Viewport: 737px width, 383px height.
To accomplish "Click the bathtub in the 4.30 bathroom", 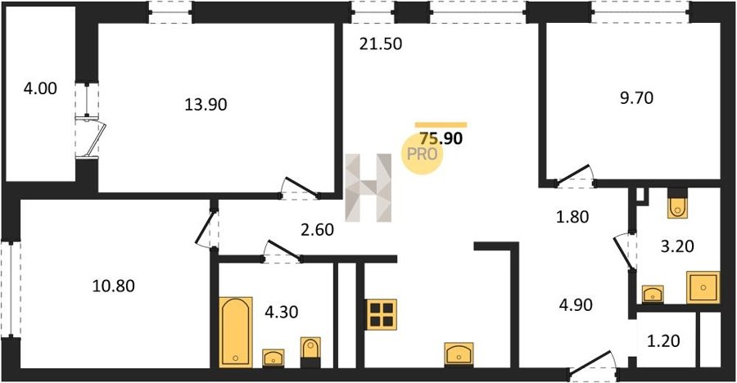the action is (236, 331).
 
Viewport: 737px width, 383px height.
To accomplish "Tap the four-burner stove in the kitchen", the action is (381, 314).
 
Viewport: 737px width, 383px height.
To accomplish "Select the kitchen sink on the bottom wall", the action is (459, 354).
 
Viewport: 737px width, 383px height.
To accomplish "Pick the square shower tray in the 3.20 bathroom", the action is (703, 287).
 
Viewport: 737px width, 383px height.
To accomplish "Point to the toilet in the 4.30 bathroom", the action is (310, 352).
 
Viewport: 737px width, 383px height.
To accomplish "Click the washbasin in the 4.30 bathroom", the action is (273, 358).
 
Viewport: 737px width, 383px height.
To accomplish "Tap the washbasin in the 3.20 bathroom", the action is (653, 294).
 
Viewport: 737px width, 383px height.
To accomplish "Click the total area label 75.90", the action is (441, 138).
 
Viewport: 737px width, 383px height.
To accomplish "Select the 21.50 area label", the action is (381, 43).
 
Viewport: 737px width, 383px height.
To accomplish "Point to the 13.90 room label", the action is (206, 104).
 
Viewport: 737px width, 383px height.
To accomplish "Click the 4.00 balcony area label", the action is (40, 88).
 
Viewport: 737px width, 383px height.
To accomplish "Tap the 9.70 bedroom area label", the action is (636, 98).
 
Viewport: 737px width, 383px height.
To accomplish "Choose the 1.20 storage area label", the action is (663, 340).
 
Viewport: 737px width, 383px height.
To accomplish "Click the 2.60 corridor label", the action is (317, 230).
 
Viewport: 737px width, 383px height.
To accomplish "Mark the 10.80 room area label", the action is (113, 286).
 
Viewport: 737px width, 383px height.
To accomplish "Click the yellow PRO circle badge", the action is (422, 155).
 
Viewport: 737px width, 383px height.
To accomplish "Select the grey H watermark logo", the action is (368, 187).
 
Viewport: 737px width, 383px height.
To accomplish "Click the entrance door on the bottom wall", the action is (593, 365).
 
